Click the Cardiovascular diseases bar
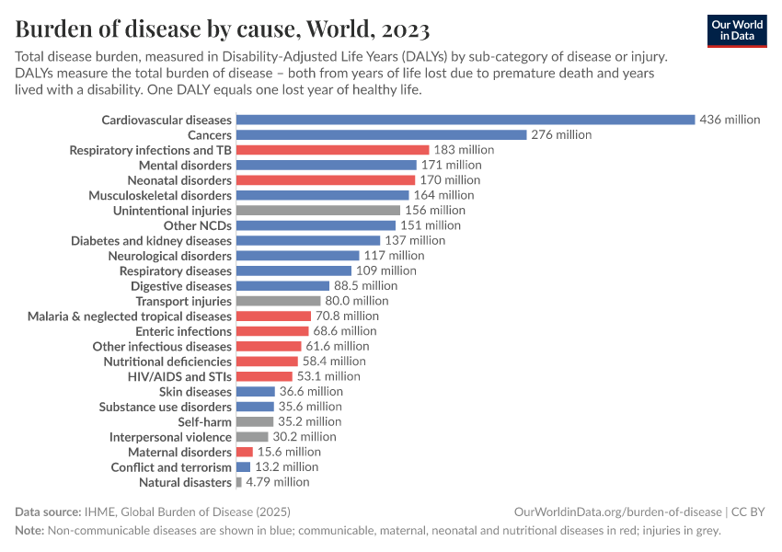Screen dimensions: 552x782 465,120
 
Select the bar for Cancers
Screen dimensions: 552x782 381,134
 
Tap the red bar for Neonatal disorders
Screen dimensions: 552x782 325,180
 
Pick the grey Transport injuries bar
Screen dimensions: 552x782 278,301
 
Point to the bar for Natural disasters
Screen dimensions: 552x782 238,482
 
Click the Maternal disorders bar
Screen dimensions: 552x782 244,452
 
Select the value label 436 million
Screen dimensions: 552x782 730,120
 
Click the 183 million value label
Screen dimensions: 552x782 464,150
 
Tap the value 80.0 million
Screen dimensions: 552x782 356,301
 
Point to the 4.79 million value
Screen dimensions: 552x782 277,482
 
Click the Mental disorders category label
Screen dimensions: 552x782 185,165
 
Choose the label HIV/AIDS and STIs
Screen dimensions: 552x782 179,376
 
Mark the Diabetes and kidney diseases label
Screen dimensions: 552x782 151,240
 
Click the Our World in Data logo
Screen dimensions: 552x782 737,29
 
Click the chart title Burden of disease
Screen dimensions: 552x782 222,29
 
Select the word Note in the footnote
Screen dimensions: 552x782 29,530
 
